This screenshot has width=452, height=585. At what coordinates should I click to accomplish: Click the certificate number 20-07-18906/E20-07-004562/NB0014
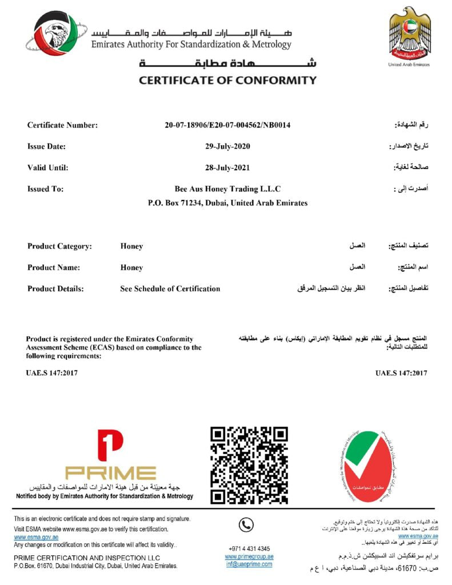[227, 125]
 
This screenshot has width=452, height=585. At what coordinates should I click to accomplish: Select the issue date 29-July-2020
[227, 146]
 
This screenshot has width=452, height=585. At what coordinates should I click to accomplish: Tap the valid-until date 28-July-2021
[227, 167]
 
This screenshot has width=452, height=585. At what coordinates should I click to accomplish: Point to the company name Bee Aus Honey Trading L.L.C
[227, 189]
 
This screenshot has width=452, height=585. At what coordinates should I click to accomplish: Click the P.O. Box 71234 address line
[227, 203]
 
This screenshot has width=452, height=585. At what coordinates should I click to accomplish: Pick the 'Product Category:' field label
[59, 246]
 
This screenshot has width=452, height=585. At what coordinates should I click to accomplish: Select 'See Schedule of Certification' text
[170, 289]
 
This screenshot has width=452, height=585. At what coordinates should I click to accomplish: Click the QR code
[249, 465]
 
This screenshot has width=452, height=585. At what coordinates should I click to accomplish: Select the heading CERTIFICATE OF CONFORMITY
[227, 81]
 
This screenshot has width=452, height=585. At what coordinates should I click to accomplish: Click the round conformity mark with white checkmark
[367, 466]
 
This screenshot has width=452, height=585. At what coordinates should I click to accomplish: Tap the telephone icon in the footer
[246, 524]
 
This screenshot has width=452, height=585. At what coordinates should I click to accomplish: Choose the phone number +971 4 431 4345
[249, 548]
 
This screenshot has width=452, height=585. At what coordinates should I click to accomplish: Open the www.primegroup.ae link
[249, 556]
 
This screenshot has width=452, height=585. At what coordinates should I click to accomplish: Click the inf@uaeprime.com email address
[249, 564]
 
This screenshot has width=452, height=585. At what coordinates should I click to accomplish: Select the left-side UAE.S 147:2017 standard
[51, 373]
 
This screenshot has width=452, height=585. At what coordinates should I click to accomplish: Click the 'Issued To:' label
[45, 189]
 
